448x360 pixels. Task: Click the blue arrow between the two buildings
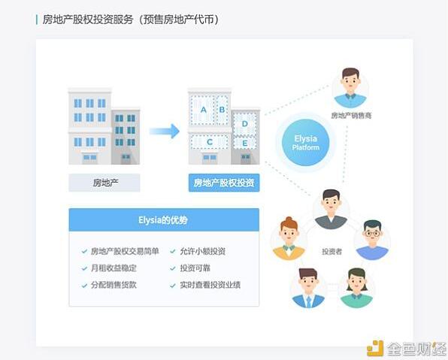click(165, 131)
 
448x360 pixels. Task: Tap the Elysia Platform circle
click(305, 143)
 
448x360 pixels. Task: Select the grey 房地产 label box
click(104, 183)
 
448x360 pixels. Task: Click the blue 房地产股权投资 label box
click(224, 183)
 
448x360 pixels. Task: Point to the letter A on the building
click(204, 110)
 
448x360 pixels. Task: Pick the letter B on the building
click(222, 110)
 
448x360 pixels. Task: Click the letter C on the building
click(210, 142)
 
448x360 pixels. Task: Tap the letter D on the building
click(245, 124)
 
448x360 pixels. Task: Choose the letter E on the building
click(245, 143)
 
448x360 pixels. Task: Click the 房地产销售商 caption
click(351, 116)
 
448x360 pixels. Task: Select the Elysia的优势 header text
click(163, 220)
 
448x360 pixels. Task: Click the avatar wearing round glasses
click(372, 240)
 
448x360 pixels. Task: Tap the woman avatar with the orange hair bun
click(289, 238)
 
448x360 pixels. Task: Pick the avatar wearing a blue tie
click(308, 288)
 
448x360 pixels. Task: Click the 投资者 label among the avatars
click(331, 252)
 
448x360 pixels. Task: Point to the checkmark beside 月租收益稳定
click(84, 268)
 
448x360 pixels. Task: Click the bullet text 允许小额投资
click(202, 252)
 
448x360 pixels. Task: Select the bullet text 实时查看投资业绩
click(210, 285)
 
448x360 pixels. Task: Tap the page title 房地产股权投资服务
click(88, 20)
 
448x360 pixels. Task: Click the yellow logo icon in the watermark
click(375, 348)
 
